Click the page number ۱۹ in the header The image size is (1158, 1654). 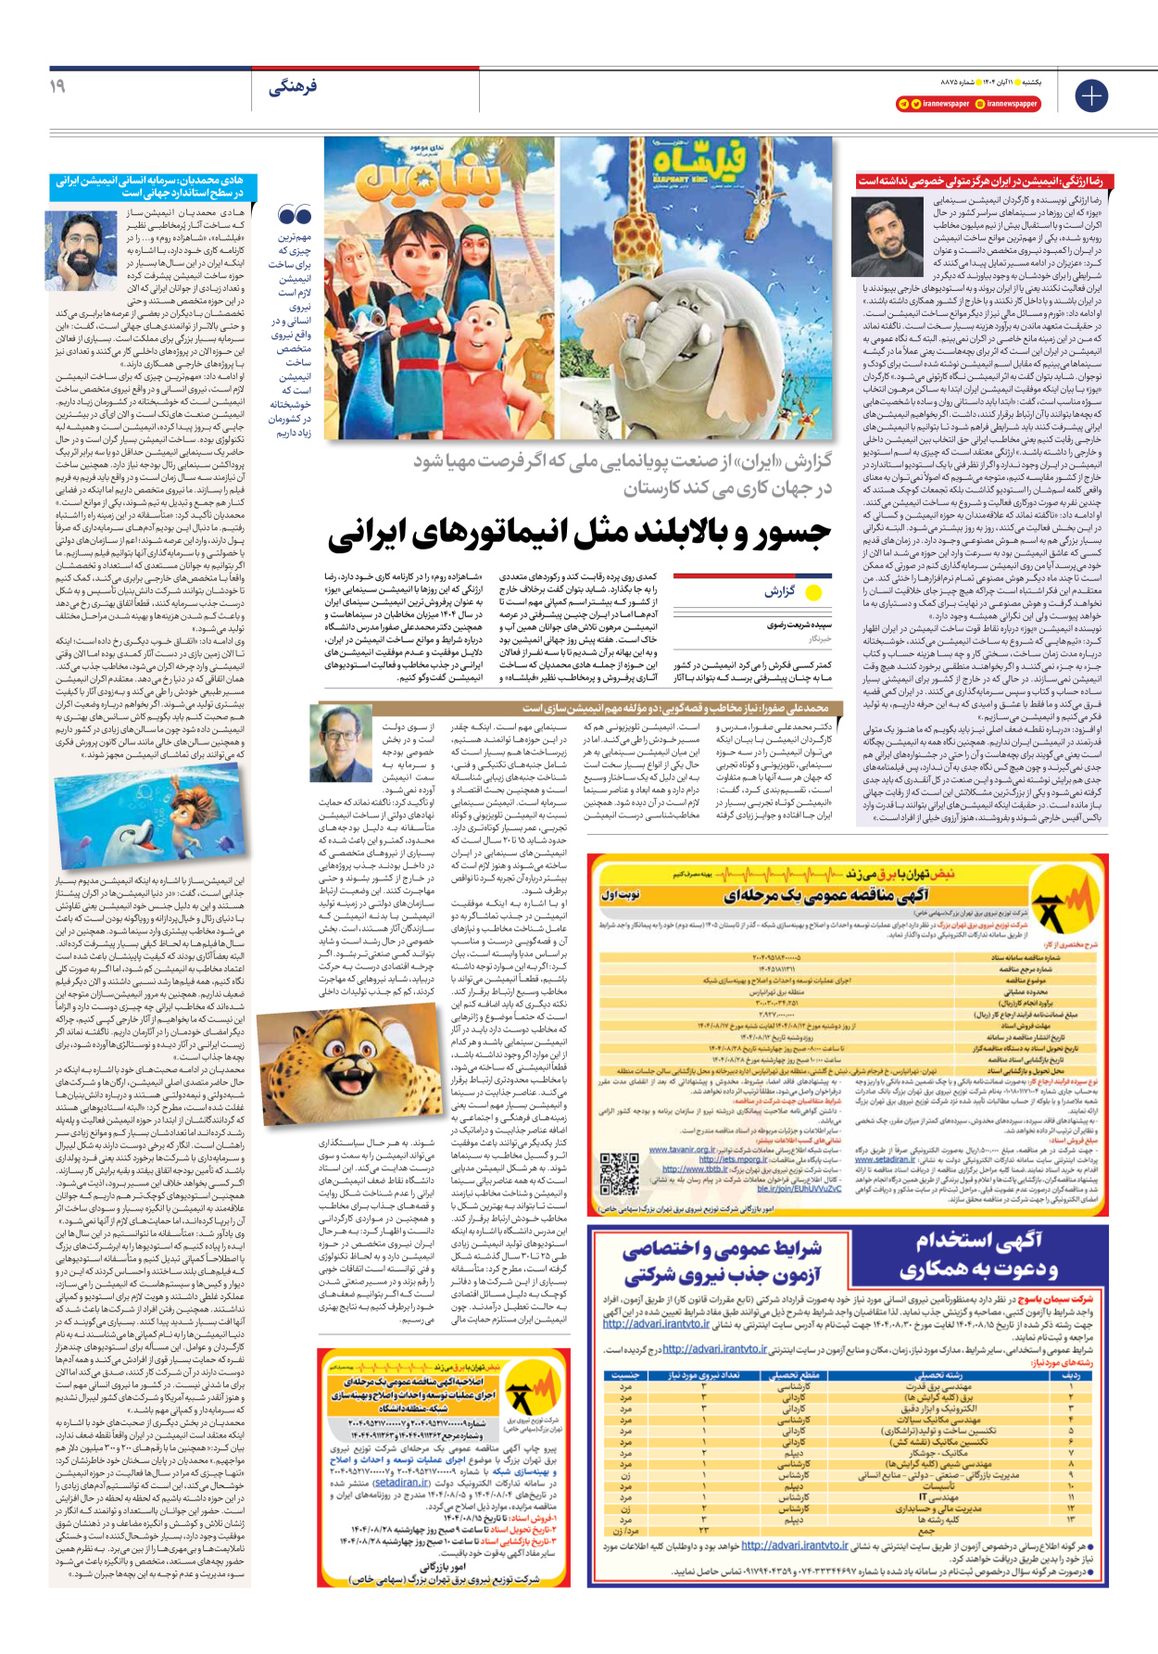point(57,86)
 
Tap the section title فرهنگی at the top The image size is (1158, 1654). point(292,87)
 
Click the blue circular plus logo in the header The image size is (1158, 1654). point(1091,95)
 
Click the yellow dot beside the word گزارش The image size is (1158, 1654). point(813,592)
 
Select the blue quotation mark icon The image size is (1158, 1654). point(295,216)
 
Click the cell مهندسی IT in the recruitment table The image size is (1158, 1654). point(938,1496)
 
